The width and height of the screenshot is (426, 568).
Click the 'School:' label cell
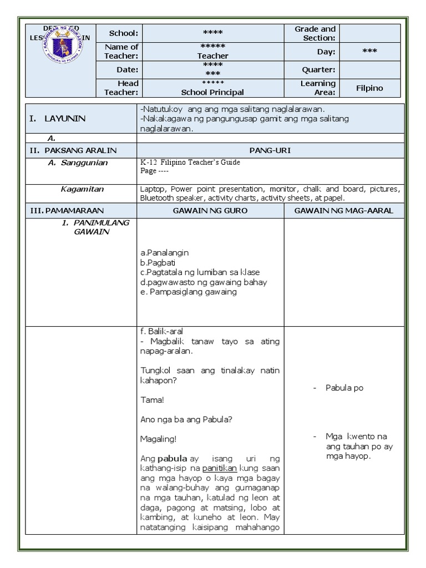(x=123, y=33)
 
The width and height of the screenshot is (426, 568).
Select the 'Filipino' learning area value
(x=369, y=88)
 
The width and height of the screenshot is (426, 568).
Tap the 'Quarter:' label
(x=318, y=70)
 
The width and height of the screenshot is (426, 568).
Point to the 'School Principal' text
(x=212, y=93)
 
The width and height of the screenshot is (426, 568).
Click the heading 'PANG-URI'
(x=270, y=150)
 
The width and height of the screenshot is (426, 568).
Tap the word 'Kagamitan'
(x=82, y=189)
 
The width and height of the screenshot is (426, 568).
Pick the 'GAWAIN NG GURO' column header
(x=210, y=211)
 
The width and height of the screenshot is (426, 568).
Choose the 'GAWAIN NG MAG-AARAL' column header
(x=344, y=211)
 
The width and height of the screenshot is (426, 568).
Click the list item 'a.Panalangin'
(x=165, y=252)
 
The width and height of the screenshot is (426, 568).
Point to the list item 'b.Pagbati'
(x=158, y=262)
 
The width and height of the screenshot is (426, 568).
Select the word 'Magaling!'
(x=159, y=439)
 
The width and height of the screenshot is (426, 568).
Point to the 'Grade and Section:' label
(x=315, y=33)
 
